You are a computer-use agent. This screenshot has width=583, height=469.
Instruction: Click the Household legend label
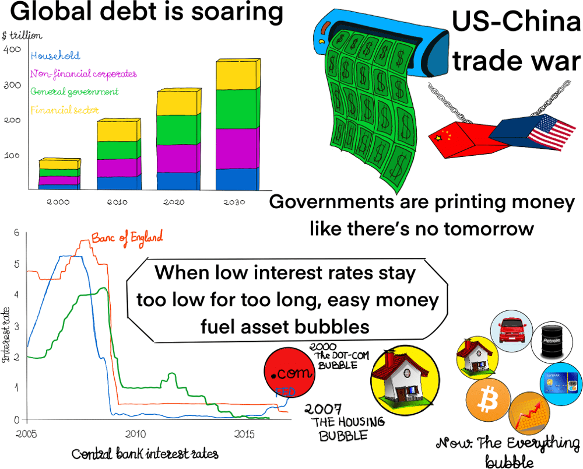(55, 56)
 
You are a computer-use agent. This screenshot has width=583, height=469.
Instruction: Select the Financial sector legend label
(64, 110)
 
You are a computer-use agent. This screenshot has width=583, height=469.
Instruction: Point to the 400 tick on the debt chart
(12, 50)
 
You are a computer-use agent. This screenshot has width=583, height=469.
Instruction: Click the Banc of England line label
(126, 238)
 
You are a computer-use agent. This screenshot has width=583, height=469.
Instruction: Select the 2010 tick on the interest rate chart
(135, 434)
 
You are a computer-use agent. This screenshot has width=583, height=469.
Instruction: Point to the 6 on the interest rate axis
(16, 233)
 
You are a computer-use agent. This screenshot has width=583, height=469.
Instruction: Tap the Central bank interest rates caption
(146, 454)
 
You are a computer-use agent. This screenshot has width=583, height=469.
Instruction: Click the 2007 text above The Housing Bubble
(320, 408)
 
